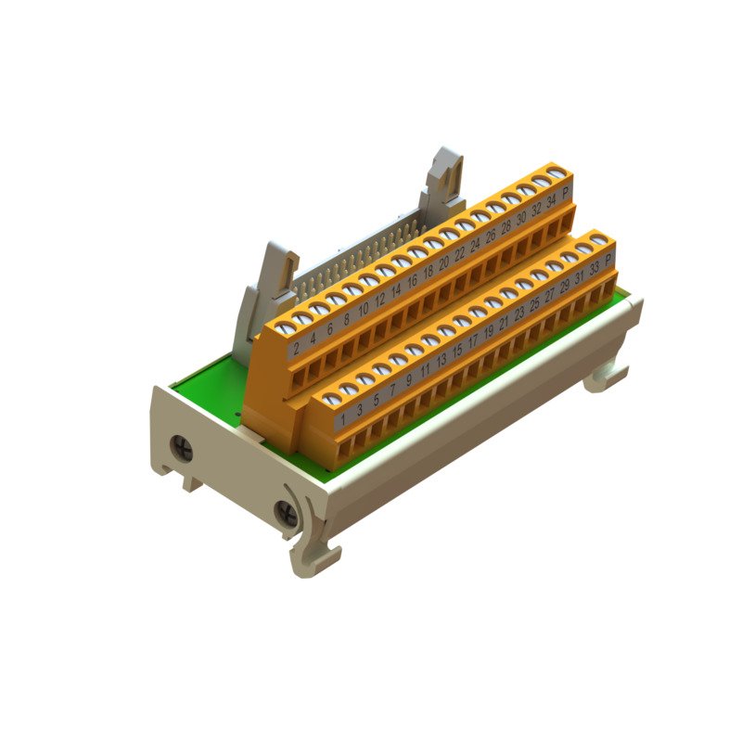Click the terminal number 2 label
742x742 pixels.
pos(296,349)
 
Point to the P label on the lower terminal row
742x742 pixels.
pos(608,262)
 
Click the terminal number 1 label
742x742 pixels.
pos(343,421)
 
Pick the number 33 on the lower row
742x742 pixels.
pos(594,270)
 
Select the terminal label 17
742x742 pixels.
pos(474,342)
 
